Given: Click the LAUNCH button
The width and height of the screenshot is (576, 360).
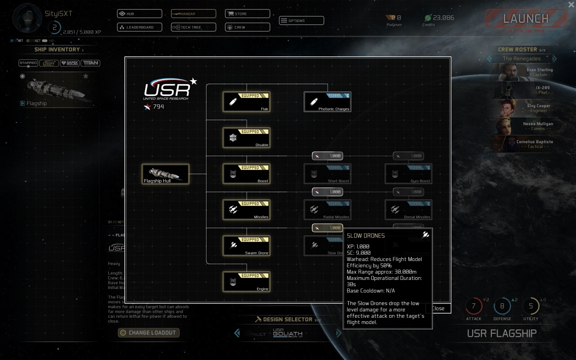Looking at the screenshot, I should click(526, 19).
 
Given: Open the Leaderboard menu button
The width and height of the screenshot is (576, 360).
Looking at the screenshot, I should click(139, 27).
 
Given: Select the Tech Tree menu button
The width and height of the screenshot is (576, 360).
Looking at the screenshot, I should click(193, 27).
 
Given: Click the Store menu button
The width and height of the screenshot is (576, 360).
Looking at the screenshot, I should click(247, 14).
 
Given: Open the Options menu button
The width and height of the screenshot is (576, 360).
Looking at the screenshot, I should click(301, 21).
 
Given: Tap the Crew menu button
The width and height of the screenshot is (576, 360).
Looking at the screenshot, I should click(247, 27).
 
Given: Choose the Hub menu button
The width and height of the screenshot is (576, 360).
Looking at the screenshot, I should click(139, 14).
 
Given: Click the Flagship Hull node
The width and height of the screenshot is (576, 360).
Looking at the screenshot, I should click(166, 174).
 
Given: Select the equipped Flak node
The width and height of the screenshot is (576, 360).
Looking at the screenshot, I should click(247, 102).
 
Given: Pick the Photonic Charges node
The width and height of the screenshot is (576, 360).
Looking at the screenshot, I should click(328, 102).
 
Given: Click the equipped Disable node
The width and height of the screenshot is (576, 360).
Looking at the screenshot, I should click(247, 138).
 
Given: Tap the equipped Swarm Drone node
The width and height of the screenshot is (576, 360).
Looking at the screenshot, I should click(247, 246).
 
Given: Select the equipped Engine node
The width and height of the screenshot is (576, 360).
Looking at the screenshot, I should click(247, 282).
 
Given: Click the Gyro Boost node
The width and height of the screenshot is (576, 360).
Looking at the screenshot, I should click(409, 174).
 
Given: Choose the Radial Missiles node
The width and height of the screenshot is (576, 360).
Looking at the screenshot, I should click(328, 210).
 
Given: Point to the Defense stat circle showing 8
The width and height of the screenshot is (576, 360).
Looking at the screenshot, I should click(502, 306).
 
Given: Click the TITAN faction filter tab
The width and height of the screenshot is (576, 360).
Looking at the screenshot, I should click(91, 63).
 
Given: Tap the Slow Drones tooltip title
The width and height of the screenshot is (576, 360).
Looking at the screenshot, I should click(366, 235).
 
